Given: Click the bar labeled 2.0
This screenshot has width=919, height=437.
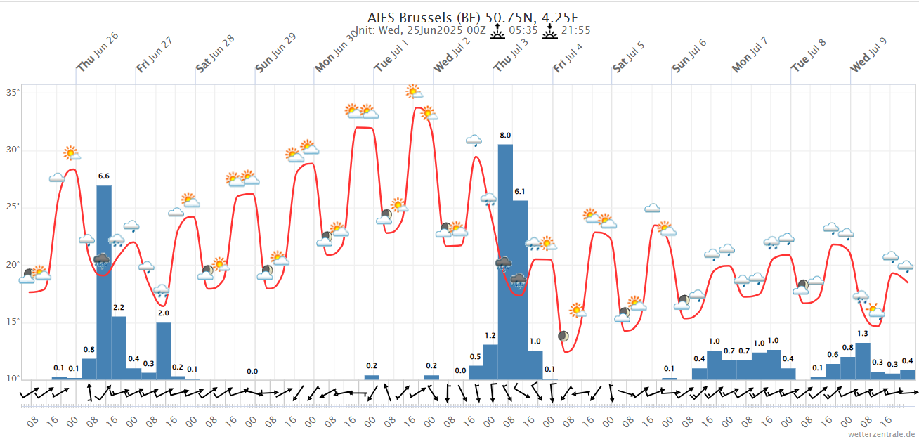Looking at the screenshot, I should [164, 351].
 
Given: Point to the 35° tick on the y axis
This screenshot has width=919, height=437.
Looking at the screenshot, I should [13, 92].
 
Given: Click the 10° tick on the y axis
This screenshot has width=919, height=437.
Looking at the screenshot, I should [13, 379].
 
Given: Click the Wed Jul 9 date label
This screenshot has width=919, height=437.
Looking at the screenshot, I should [869, 55].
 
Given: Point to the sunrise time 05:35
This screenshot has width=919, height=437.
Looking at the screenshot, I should [523, 30].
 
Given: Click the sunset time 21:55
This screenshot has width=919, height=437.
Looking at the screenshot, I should [576, 30].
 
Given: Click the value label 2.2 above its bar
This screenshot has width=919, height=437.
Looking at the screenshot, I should [119, 307].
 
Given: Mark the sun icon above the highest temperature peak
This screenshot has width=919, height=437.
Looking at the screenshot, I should [414, 91].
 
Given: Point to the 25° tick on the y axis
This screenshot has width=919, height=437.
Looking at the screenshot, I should [13, 207].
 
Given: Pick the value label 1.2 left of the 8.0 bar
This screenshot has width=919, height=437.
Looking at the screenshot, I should [490, 335].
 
